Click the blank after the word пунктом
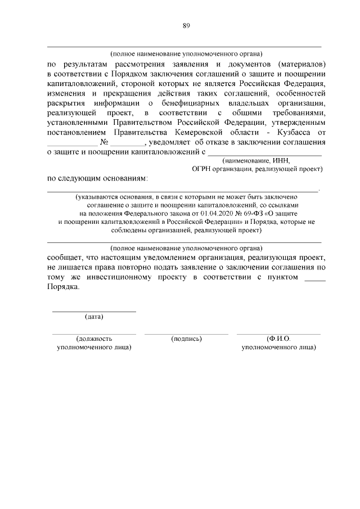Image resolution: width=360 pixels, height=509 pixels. point(314,279)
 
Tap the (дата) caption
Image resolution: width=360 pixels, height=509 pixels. point(94,317)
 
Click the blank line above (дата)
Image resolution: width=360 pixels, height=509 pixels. point(94,310)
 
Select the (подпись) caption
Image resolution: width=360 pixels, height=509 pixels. point(186,339)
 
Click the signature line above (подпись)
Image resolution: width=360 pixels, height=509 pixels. point(186,334)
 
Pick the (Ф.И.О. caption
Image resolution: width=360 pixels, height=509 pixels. point(278,339)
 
